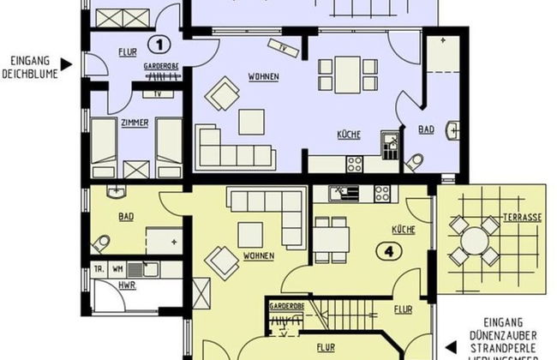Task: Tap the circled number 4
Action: (388, 253)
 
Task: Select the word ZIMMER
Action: (135, 123)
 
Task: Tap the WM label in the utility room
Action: (117, 269)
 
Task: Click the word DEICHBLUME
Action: (33, 71)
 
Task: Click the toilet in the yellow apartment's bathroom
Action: (103, 243)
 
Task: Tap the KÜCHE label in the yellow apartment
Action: (403, 231)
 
